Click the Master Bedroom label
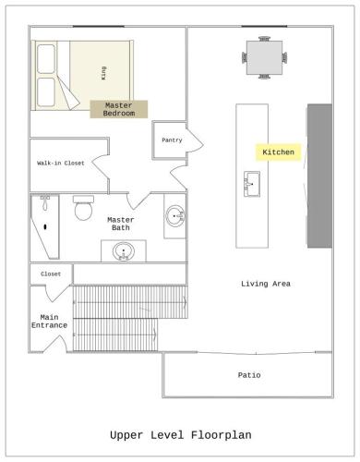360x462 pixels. pos(119,109)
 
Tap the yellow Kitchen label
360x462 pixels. pos(278,152)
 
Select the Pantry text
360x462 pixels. pos(172,140)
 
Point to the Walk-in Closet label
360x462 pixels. pos(61,164)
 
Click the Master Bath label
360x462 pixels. pos(121,224)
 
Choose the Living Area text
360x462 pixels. pos(266,284)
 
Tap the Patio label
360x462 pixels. pos(249,375)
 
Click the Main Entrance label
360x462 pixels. pos(49,322)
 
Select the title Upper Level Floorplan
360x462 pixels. pos(181,435)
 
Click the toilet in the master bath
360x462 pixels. pos(83,208)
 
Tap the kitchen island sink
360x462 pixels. pos(252,184)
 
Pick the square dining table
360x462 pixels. pos(264,57)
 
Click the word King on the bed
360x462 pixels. pos(103,73)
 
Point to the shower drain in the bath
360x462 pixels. pos(45,227)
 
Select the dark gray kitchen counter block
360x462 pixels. pos(319,176)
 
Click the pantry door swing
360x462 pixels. pos(196,140)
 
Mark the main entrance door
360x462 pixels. pos(55,344)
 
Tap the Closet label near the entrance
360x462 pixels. pos(51,274)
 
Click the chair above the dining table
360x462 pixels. pos(264,39)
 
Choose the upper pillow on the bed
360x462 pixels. pos(46,59)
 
